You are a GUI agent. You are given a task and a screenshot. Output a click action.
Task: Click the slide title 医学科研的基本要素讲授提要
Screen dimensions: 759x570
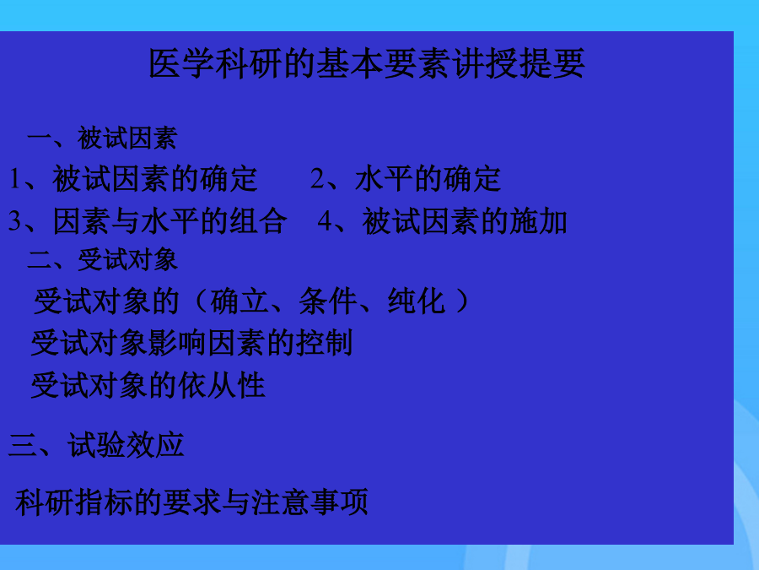tap(367, 63)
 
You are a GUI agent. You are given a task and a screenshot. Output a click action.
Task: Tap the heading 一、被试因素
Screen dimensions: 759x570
tap(102, 138)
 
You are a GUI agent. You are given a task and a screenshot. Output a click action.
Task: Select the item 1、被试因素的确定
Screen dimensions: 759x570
tap(133, 179)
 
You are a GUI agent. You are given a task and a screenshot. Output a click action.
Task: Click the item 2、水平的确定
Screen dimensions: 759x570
tap(406, 179)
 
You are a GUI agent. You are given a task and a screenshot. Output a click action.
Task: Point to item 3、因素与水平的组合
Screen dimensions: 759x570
tap(148, 221)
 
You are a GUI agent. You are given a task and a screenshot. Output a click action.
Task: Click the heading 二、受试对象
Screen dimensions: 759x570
tap(103, 260)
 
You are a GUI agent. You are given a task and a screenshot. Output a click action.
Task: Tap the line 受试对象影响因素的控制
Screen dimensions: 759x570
tap(191, 343)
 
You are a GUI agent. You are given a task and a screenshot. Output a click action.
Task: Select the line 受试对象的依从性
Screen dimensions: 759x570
tap(148, 385)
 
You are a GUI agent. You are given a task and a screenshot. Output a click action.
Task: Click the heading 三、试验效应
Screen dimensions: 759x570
tap(96, 445)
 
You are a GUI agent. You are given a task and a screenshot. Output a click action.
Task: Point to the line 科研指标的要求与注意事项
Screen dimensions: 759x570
tap(191, 502)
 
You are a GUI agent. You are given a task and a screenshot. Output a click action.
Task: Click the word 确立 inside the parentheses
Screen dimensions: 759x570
tap(240, 301)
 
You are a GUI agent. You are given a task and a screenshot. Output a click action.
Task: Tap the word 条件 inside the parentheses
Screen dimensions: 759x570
tap(328, 301)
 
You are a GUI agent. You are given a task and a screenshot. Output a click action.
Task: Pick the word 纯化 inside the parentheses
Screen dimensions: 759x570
tap(417, 301)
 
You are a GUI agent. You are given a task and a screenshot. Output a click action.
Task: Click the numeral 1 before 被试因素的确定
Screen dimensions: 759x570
tap(15, 179)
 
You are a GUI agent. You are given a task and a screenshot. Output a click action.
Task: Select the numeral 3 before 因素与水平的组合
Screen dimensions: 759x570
tap(14, 221)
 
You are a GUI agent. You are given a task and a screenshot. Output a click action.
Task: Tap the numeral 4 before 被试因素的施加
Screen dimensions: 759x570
tap(325, 221)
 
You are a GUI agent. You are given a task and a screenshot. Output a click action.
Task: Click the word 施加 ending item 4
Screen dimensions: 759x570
tap(538, 221)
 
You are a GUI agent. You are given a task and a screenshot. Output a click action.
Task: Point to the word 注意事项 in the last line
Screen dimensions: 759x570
tap(310, 502)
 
